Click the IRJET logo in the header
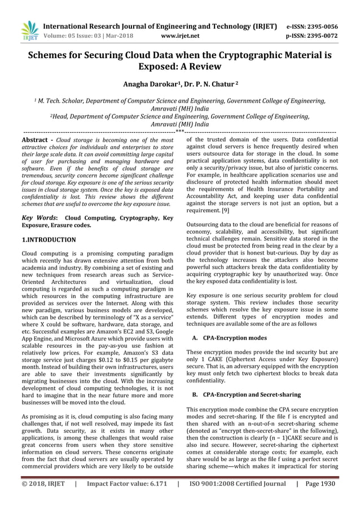[28, 31]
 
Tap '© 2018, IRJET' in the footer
[43, 484]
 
